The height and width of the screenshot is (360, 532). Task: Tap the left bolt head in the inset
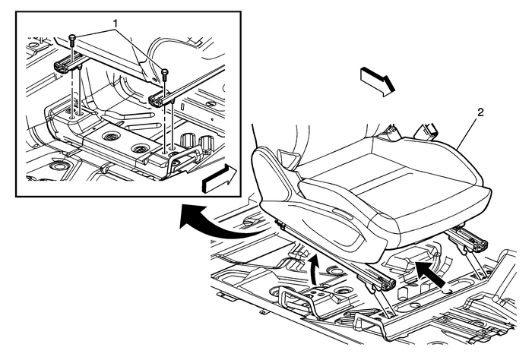[x=71, y=37]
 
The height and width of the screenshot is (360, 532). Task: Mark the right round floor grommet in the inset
[x=141, y=149]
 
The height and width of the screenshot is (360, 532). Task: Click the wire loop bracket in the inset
[x=187, y=156]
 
